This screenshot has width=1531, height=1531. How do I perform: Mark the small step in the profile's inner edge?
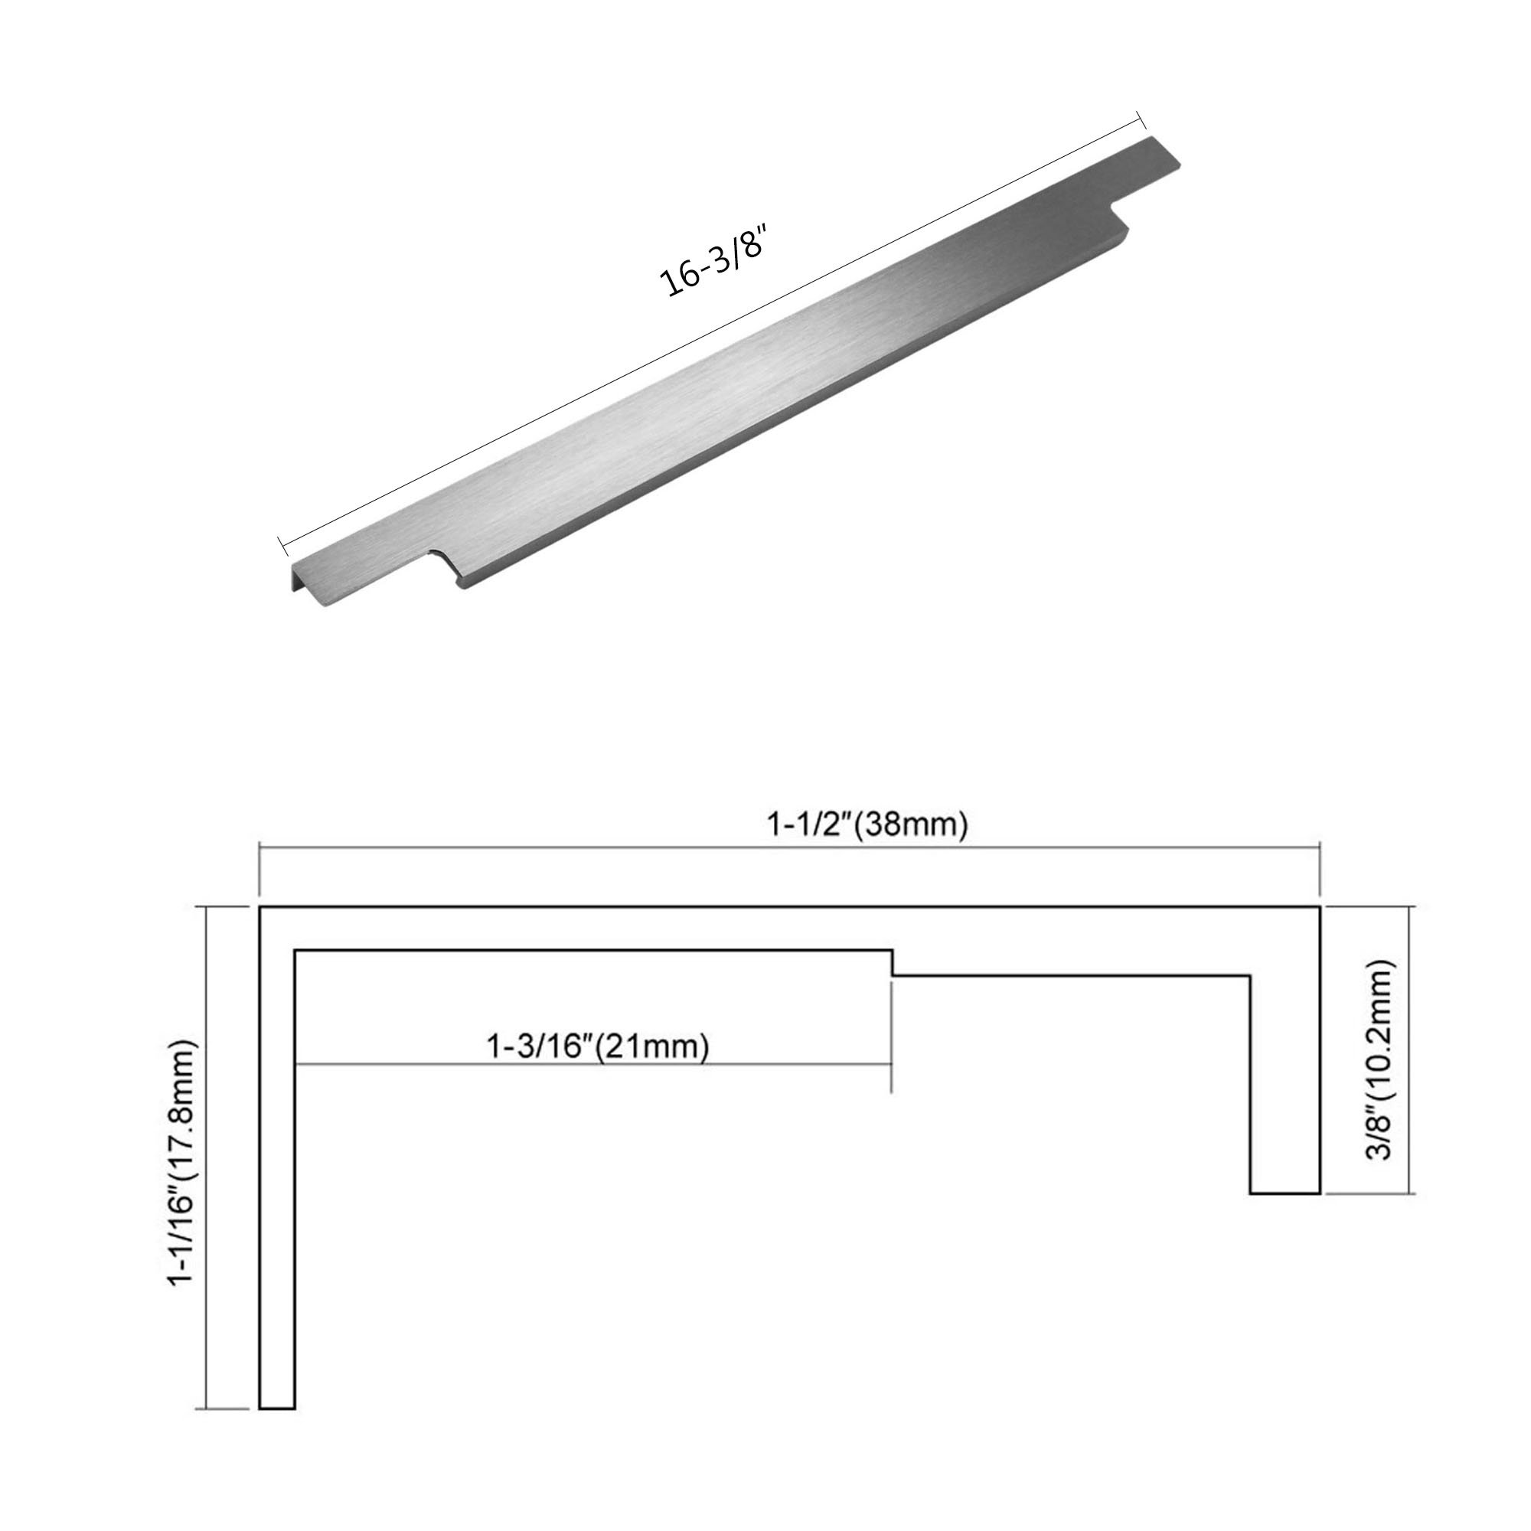pos(893,963)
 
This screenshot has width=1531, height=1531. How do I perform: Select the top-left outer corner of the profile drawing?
pos(261,906)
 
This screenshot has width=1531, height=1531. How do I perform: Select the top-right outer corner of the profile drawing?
pos(1320,906)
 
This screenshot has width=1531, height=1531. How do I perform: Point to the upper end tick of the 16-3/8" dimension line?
pos(1142,119)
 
